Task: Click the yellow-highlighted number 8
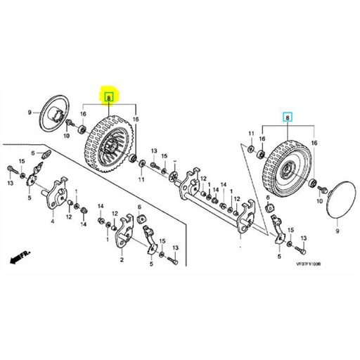pos(108,99)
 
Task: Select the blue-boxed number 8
pos(286,119)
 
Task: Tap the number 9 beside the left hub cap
pos(30,112)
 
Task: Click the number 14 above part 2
pos(101,206)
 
